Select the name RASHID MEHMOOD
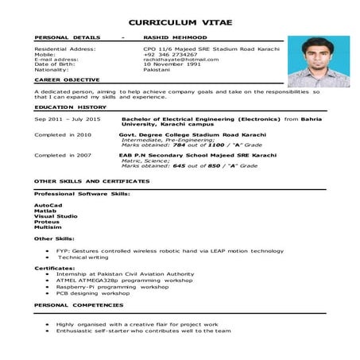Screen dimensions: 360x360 (x=171, y=37)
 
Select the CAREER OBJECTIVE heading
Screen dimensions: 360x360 (x=68, y=79)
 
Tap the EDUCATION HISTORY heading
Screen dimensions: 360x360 (x=70, y=106)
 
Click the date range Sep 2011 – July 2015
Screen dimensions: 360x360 (x=68, y=118)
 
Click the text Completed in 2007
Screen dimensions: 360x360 (x=63, y=155)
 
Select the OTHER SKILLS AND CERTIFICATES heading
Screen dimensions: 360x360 (x=91, y=181)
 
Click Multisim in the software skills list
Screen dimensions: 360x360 (x=47, y=226)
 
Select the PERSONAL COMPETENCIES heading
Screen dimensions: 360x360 (x=79, y=304)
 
